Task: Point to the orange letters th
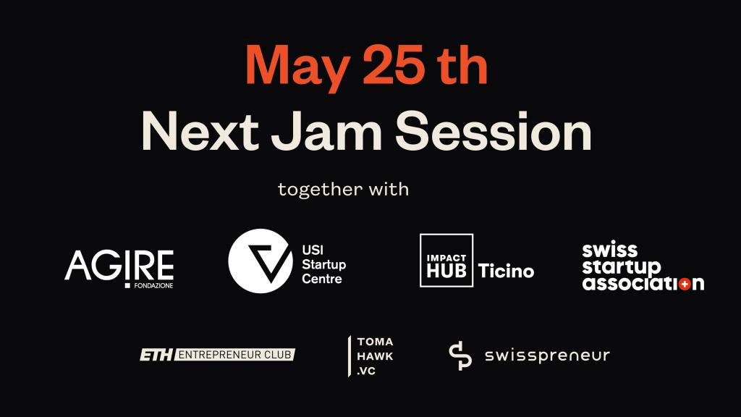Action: tap(462, 64)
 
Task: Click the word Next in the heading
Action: tap(200, 131)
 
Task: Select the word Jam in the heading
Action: tap(327, 131)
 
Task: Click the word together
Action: tap(319, 190)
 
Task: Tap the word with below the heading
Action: tap(389, 189)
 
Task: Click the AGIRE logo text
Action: tap(119, 266)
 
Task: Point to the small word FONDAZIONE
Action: tap(153, 286)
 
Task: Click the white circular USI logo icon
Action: tap(261, 261)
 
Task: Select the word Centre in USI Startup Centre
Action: tap(322, 279)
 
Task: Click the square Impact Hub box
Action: tap(446, 261)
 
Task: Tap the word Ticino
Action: tap(506, 271)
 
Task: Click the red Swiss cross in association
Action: tap(684, 284)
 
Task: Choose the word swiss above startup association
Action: tap(609, 250)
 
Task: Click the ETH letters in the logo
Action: tap(156, 355)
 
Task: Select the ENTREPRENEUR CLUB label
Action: tap(235, 355)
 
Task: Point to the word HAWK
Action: tap(376, 356)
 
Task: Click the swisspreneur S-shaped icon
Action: tap(460, 355)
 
